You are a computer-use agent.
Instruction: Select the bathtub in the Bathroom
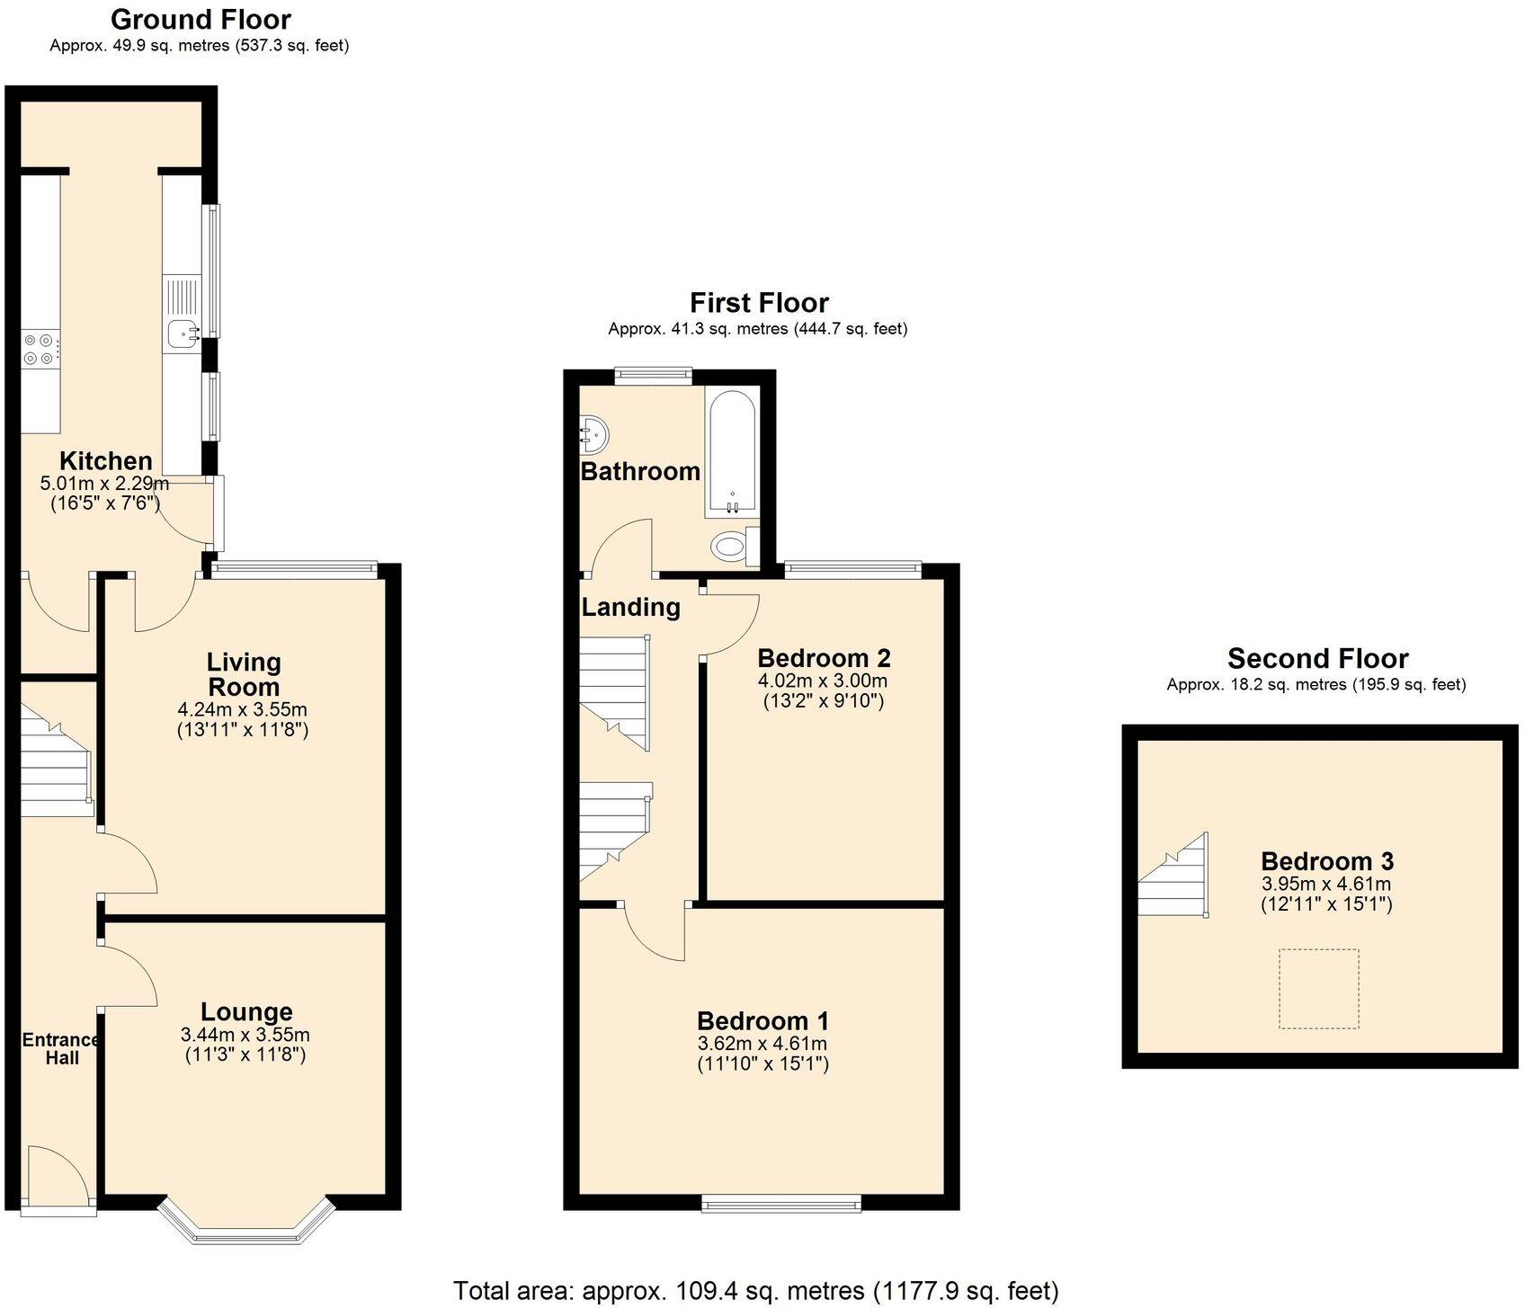pyautogui.click(x=732, y=453)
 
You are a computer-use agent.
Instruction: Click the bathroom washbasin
pyautogui.click(x=594, y=435)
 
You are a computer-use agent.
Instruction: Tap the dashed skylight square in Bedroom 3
pyautogui.click(x=1319, y=988)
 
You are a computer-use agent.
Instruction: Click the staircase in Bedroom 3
pyautogui.click(x=1173, y=874)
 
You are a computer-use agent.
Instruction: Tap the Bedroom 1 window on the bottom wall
pyautogui.click(x=781, y=1203)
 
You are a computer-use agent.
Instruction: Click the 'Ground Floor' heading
pyautogui.click(x=201, y=19)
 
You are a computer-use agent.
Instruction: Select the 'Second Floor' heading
pyautogui.click(x=1317, y=658)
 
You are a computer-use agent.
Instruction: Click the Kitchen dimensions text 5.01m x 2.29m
pyautogui.click(x=104, y=484)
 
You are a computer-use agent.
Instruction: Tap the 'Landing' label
pyautogui.click(x=630, y=607)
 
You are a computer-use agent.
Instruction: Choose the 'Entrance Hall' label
pyautogui.click(x=62, y=1048)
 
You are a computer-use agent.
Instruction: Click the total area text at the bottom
pyautogui.click(x=756, y=1291)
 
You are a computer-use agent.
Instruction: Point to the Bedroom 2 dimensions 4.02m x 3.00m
pyautogui.click(x=823, y=681)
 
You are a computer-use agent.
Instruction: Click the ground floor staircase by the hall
pyautogui.click(x=56, y=761)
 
